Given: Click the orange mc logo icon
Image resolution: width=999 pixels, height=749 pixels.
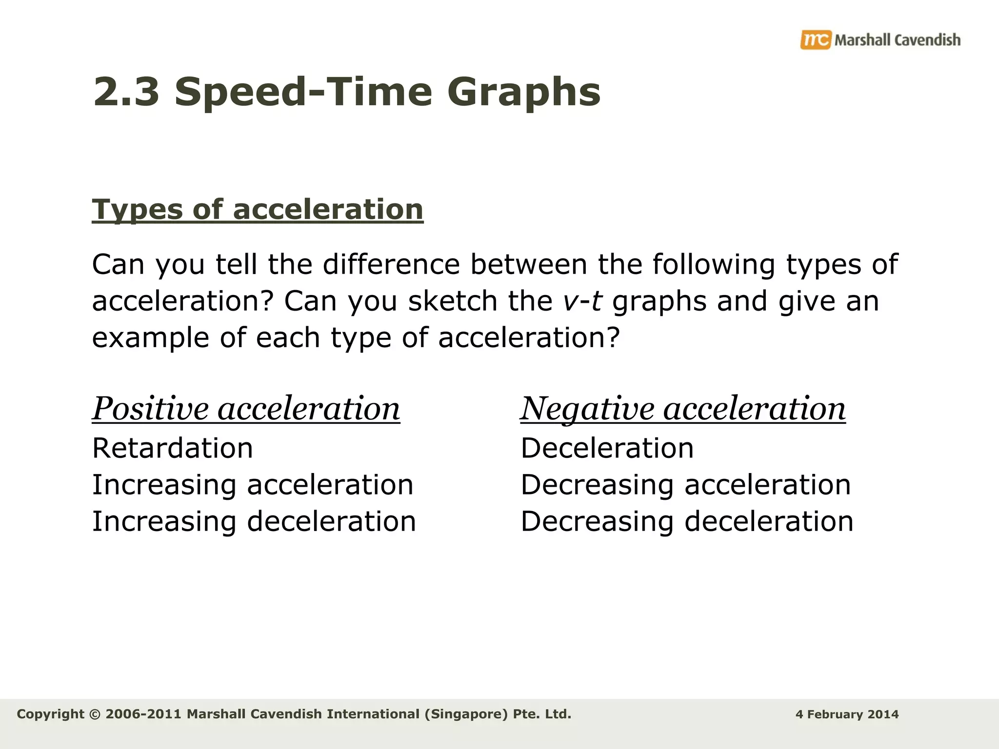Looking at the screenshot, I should point(815,39).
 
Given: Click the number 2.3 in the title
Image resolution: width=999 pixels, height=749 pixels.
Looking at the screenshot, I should point(126,92).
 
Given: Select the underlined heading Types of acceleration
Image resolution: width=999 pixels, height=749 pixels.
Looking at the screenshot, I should point(258,210).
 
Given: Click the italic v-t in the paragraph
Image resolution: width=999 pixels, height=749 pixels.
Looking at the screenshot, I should point(582,301).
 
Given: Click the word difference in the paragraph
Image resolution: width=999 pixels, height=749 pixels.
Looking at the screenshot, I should point(391,265).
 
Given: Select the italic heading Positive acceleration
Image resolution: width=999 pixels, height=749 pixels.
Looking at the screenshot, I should point(246,409).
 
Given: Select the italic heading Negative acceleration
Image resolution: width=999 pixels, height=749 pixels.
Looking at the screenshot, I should point(683,409).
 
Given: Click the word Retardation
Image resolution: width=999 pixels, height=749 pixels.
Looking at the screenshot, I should point(173,448).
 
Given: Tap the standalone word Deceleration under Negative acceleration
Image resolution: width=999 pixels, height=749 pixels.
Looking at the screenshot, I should point(607,448).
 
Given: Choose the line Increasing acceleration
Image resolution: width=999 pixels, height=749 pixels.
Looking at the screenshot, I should point(253,485).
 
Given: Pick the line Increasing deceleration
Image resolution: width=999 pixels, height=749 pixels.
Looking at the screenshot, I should point(254,521).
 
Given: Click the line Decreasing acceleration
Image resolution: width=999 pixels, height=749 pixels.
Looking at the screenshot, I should point(685,485).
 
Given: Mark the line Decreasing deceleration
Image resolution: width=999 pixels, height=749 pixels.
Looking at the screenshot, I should point(687,521).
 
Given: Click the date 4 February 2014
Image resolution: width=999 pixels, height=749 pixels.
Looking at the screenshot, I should point(847,714).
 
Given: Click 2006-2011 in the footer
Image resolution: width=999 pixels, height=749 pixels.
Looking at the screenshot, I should point(143,714).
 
